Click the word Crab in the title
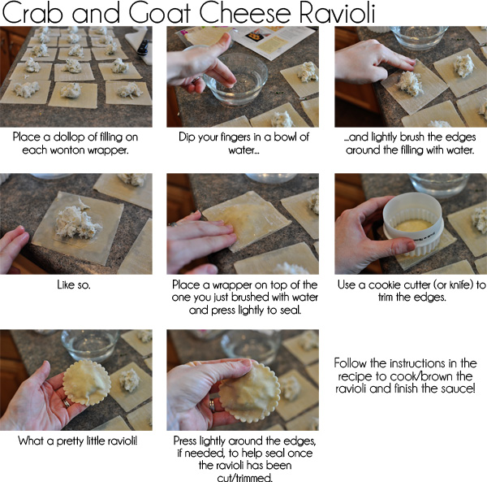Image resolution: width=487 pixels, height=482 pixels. click(x=32, y=12)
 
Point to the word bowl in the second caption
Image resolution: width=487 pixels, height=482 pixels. click(x=280, y=137)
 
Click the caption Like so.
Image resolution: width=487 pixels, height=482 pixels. click(x=74, y=284)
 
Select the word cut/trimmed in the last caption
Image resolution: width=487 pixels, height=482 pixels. click(x=245, y=477)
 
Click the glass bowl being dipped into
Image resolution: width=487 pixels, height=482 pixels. click(x=235, y=80)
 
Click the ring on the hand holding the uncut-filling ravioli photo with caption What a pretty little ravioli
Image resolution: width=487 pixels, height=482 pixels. click(x=67, y=403)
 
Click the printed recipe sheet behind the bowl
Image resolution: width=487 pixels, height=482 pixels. click(x=270, y=41)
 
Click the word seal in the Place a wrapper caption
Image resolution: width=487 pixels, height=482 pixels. click(x=291, y=310)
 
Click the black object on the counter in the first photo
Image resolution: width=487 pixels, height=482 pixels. click(x=143, y=47)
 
